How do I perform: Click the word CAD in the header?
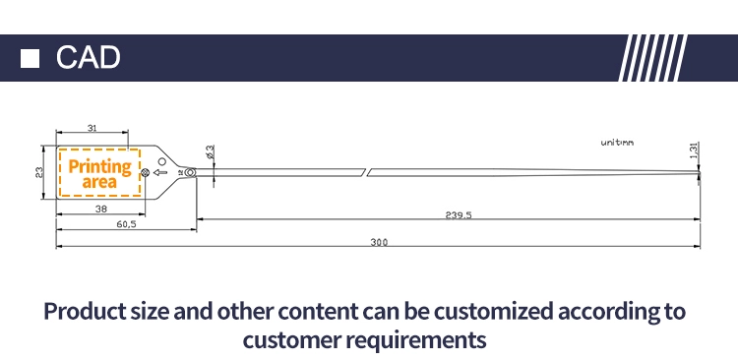(88, 57)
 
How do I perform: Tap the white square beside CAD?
(30, 58)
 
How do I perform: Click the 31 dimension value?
(92, 128)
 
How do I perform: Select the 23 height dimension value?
(39, 172)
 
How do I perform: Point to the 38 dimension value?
(101, 209)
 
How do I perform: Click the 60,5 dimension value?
(126, 224)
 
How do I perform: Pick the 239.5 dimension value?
(459, 215)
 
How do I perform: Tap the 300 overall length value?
(379, 242)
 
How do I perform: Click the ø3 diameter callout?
(210, 151)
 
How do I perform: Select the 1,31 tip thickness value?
(694, 150)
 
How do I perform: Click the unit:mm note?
(617, 142)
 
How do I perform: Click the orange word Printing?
(100, 166)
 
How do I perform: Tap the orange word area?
(99, 182)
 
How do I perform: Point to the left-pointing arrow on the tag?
(160, 172)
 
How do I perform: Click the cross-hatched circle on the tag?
(146, 173)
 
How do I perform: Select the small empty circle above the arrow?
(162, 162)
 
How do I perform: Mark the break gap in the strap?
(367, 172)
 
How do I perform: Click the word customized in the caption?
(492, 312)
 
